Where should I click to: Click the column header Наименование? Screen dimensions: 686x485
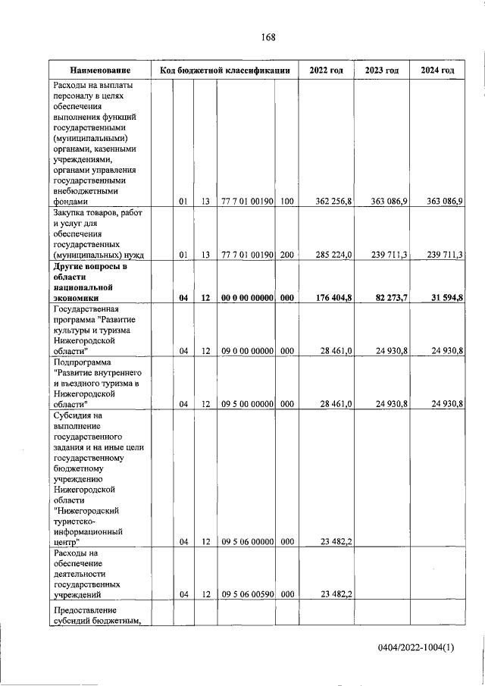(x=100, y=70)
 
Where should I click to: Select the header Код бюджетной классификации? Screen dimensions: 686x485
(x=225, y=70)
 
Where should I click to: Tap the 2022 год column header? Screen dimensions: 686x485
(x=326, y=70)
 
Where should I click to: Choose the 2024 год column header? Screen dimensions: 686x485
(x=437, y=70)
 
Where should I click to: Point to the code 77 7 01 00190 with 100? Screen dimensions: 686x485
(x=246, y=202)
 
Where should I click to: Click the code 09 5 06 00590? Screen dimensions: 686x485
(x=246, y=596)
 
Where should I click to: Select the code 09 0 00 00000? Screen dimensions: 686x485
(x=246, y=351)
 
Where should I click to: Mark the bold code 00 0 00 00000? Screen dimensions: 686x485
(x=246, y=299)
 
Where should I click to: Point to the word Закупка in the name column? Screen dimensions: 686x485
(x=70, y=213)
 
